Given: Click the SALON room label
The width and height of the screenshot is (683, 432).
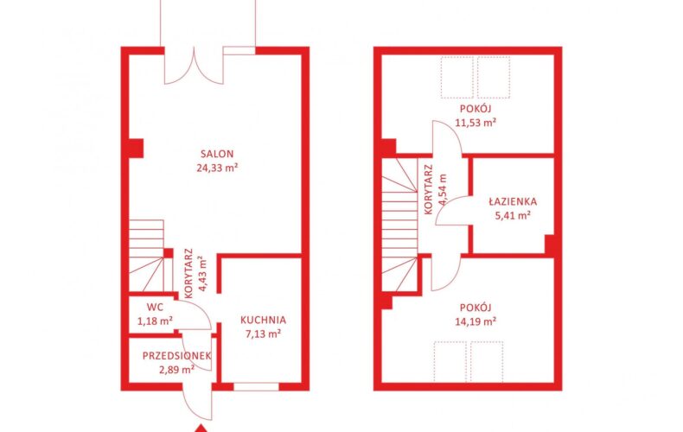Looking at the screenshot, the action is [x=217, y=154].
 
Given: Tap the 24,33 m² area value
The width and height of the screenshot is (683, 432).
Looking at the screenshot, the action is [x=217, y=168].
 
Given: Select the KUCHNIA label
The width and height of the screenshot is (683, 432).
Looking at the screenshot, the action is [x=263, y=320].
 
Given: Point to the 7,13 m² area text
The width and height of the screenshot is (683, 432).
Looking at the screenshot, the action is [x=262, y=334].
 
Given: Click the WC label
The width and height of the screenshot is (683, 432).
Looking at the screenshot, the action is [x=155, y=308].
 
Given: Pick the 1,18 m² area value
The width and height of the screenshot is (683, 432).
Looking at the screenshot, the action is [x=155, y=321].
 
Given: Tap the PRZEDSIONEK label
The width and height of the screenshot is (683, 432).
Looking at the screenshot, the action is [x=177, y=356].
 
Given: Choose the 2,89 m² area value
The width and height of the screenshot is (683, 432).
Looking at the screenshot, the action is [x=177, y=370].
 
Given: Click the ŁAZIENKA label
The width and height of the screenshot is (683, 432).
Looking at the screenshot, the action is [x=513, y=201].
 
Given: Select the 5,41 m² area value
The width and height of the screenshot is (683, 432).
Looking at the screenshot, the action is [x=513, y=215].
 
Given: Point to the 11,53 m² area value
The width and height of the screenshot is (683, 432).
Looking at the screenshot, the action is [x=476, y=123].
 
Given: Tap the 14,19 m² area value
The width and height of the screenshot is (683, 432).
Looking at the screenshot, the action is [x=476, y=321].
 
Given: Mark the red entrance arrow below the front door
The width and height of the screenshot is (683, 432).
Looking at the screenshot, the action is [x=201, y=428].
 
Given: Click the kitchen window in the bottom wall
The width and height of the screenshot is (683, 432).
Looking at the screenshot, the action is [x=256, y=386].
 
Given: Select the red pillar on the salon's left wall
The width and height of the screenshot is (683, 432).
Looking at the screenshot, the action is [x=137, y=148].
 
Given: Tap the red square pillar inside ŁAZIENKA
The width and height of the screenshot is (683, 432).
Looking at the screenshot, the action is [x=549, y=244].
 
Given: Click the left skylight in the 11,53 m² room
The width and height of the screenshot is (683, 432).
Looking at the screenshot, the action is [x=457, y=77].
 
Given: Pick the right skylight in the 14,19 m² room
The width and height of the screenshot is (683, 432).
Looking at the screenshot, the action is [x=487, y=362].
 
